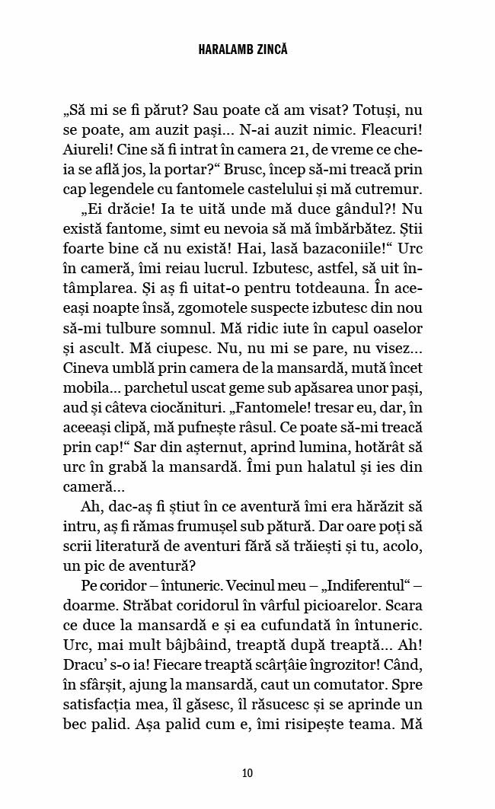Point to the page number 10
pos(247,773)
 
